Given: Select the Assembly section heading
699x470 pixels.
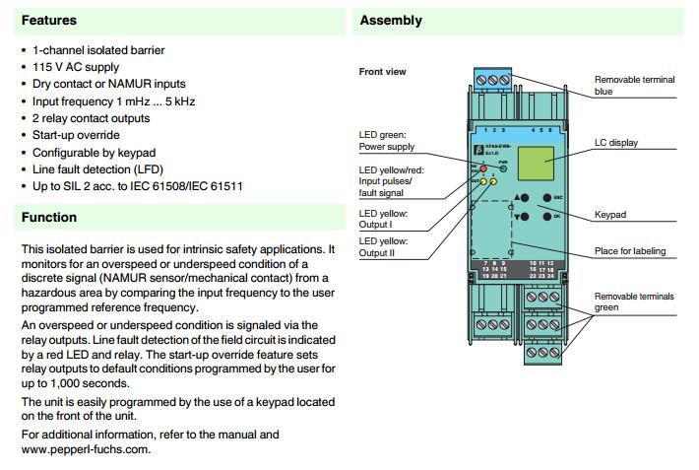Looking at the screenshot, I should click(x=391, y=21).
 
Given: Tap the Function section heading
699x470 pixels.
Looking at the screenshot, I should click(x=49, y=218).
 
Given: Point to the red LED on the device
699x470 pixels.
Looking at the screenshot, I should click(x=482, y=169).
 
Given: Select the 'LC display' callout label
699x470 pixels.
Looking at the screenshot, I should click(x=615, y=144).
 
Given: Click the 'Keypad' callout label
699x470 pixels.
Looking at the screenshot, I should click(x=610, y=215).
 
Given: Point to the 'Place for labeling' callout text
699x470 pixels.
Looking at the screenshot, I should click(x=630, y=251).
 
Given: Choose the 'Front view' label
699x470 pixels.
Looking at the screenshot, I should click(x=382, y=72).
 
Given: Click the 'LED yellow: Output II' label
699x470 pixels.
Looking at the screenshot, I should click(x=384, y=247).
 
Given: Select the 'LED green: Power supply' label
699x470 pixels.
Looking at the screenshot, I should click(x=387, y=140).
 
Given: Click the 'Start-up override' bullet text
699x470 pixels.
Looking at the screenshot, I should click(x=76, y=135).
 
